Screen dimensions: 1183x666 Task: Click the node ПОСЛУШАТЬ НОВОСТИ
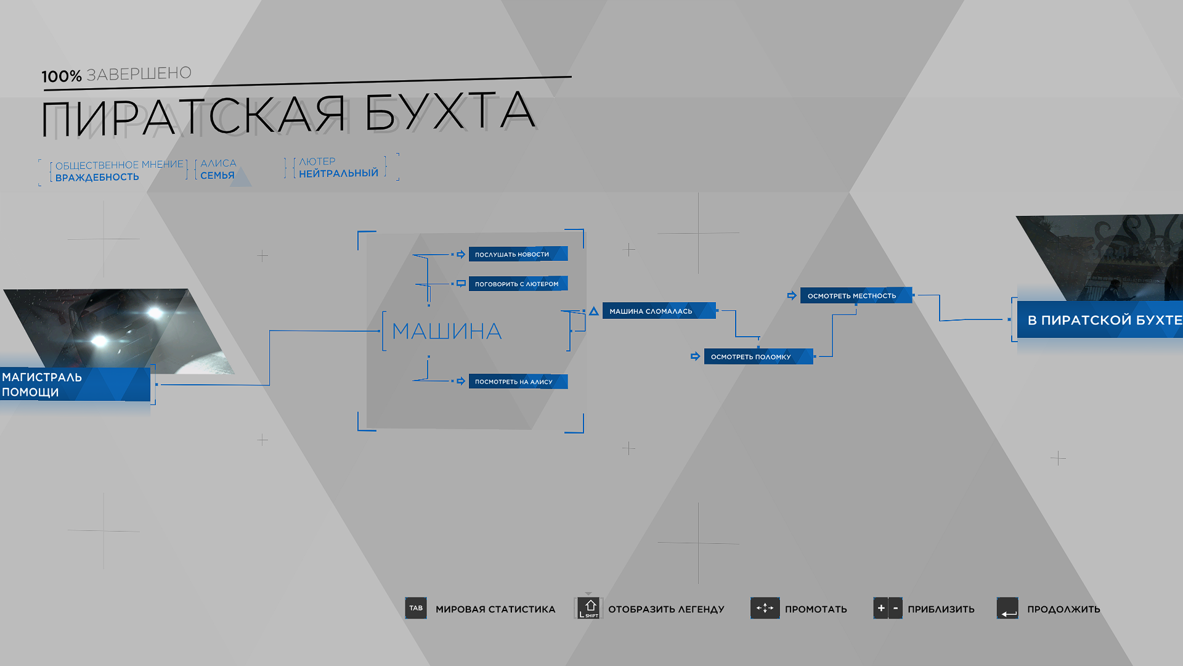(x=518, y=254)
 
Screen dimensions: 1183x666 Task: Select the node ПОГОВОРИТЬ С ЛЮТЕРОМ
(x=518, y=284)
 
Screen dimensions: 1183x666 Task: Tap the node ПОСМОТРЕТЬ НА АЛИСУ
(x=518, y=382)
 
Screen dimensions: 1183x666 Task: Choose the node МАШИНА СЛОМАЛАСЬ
(x=659, y=311)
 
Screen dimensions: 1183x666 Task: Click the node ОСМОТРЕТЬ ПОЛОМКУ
(x=758, y=356)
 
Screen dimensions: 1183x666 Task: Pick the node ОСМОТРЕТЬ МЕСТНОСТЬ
(x=856, y=295)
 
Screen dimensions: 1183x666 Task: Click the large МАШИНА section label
(x=447, y=331)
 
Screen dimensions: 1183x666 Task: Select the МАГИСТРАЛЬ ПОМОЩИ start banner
(x=75, y=384)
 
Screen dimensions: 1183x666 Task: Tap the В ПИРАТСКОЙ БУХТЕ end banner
(x=1100, y=319)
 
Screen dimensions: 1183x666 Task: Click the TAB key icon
(x=416, y=608)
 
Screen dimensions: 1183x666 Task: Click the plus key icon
(x=880, y=608)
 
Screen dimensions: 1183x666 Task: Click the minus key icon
(x=896, y=608)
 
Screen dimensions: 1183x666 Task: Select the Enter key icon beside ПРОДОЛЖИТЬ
(x=1007, y=608)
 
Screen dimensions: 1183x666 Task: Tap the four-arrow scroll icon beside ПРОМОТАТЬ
(x=765, y=608)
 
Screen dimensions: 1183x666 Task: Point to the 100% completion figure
(x=62, y=76)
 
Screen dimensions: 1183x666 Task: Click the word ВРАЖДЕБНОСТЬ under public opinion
(x=97, y=177)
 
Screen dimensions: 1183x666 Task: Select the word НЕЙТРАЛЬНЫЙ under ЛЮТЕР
(x=339, y=173)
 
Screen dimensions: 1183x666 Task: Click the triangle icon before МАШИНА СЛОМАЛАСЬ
(x=594, y=311)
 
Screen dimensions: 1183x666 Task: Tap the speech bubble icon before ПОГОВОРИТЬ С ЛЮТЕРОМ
(x=461, y=284)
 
